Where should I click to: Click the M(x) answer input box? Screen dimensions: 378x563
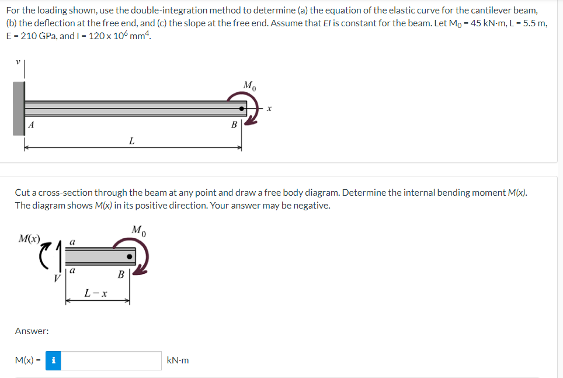tap(111, 360)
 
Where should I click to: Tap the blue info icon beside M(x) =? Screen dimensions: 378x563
tap(53, 360)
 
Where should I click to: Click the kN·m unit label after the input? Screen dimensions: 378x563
tap(178, 360)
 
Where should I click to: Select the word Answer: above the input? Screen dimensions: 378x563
tap(32, 331)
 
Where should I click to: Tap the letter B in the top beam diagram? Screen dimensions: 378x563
tap(234, 124)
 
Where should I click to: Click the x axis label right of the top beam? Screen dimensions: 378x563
tap(270, 108)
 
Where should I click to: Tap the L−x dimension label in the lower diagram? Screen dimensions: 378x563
tap(96, 292)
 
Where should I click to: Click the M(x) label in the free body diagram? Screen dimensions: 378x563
tap(30, 239)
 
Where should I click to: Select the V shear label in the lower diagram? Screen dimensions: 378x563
tap(56, 278)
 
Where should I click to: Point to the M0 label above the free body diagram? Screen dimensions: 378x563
tap(138, 228)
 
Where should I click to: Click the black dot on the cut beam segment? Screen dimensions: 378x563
tap(131, 255)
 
